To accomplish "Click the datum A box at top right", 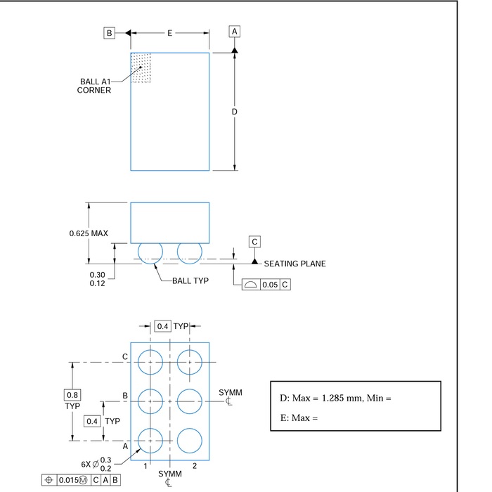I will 235,32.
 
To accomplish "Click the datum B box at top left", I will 110,32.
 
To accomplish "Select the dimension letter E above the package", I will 169,33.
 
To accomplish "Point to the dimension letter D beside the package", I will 235,112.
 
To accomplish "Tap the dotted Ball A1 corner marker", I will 141,67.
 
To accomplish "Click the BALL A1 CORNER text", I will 94,86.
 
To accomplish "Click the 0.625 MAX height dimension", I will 88,233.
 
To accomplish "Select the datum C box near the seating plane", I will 255,242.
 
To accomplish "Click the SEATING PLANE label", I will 294,264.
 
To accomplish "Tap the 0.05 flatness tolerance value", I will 270,285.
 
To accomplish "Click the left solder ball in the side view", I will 150,252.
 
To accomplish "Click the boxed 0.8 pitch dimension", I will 72,395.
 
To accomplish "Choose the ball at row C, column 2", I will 189,362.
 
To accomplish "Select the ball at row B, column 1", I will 150,401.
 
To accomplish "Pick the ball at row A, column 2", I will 189,441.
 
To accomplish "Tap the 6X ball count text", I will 87,465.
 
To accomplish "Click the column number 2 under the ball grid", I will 194,466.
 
